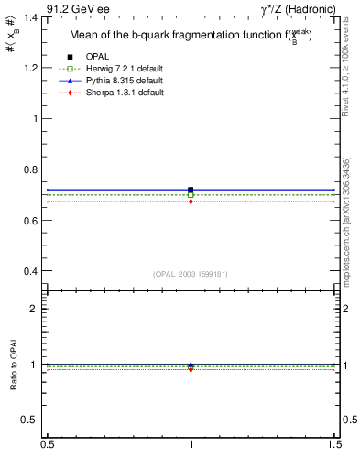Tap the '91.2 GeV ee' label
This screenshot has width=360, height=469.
tap(78, 7)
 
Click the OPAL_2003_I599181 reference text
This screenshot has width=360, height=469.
tap(191, 273)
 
